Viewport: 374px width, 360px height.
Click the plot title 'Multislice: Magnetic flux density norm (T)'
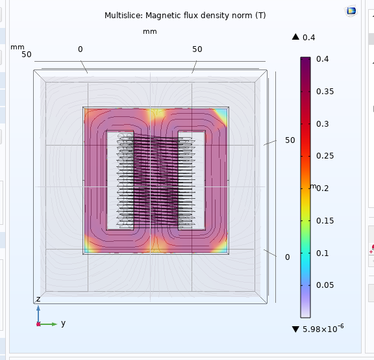[x=185, y=16]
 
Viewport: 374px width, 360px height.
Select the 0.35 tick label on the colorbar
[x=325, y=92]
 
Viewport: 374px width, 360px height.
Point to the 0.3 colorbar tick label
[x=323, y=124]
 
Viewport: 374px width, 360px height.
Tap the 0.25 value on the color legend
[x=325, y=156]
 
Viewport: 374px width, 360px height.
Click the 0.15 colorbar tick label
[x=325, y=221]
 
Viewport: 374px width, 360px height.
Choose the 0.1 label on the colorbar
[x=323, y=253]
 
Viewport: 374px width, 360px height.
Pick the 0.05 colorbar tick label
[x=325, y=285]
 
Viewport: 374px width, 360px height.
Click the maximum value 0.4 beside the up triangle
[x=308, y=38]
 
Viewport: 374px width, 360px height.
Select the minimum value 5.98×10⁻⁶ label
[x=323, y=329]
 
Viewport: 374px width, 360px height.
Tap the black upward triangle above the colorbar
[x=295, y=37]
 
